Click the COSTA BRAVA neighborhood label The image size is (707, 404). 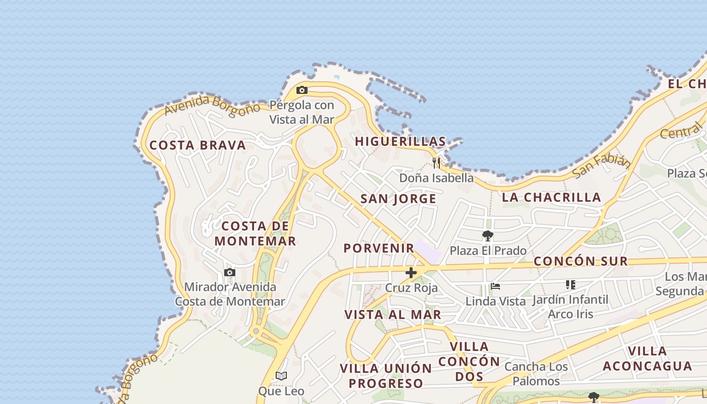pos(197,145)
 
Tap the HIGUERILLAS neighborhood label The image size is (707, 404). pos(400,141)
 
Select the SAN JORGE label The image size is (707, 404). pos(398,199)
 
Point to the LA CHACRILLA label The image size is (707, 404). pos(551,197)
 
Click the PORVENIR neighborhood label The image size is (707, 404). pos(379,248)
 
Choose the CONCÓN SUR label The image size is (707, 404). pos(581,262)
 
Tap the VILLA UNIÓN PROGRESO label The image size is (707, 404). pos(386,376)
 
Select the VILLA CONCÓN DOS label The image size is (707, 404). pos(469,362)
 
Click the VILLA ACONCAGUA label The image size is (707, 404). pos(647,359)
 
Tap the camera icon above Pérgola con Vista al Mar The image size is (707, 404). pos(302,90)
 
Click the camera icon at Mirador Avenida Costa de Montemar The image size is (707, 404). pos(230,273)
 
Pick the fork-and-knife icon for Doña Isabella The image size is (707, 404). pos(436,163)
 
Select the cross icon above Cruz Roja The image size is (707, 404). pos(411,273)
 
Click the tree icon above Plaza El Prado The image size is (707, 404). pos(487,236)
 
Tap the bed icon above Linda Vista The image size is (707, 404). pos(495,286)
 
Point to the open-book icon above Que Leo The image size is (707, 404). pos(281,376)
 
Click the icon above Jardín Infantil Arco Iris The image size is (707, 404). pos(571,285)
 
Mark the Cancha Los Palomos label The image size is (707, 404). pos(536,374)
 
